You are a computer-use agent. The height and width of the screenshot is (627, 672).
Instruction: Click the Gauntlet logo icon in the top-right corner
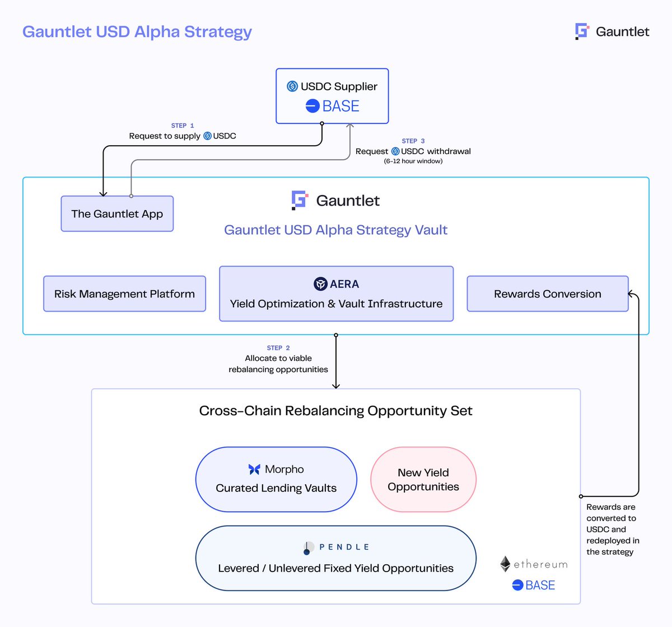point(582,31)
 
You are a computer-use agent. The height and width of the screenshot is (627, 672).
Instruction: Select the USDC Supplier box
point(332,96)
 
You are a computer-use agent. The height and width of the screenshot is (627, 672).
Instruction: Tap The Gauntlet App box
point(117,213)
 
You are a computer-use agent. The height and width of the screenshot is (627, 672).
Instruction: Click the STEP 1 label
point(183,126)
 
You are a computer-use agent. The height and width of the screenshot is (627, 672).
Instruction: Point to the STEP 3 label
point(413,141)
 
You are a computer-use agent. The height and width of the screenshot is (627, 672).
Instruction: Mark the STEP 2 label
point(278,348)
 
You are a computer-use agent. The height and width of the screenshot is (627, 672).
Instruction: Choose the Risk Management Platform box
point(124,294)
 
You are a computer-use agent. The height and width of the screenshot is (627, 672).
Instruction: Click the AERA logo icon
point(320,284)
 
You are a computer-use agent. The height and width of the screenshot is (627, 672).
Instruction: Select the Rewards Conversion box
point(548,294)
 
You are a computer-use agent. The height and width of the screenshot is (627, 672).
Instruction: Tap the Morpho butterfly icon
point(254,470)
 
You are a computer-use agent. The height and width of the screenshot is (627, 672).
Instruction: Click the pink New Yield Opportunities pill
point(423,480)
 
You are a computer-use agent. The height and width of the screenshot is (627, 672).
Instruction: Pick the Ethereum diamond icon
point(505,564)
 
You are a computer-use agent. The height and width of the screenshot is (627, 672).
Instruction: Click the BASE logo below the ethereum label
point(517,586)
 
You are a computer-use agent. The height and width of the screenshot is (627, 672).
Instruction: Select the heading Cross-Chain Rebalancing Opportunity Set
point(335,411)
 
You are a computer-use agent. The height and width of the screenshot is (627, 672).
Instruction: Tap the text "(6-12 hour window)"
point(413,161)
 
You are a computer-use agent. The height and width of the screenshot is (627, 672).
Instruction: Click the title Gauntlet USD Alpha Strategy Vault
point(335,230)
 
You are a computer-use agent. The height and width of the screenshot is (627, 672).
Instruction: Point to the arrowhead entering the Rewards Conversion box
point(631,294)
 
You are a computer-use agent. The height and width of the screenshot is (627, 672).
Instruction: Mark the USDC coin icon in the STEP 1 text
point(207,136)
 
